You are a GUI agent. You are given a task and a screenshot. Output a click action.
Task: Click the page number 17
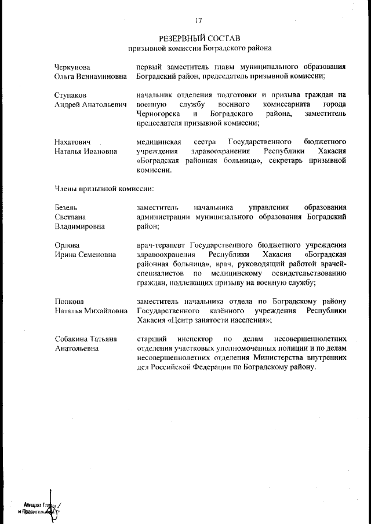pos(198,21)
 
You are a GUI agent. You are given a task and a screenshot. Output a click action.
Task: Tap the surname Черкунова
pos(72,67)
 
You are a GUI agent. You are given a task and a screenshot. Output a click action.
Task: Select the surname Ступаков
pos(70,94)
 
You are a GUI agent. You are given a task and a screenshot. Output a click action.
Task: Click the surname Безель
pos(66,207)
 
